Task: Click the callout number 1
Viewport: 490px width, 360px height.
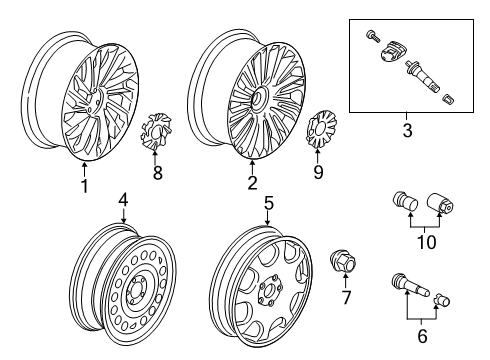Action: click(84, 185)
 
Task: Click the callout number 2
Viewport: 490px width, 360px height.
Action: click(252, 182)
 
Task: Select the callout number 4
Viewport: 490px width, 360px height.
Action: click(123, 200)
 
